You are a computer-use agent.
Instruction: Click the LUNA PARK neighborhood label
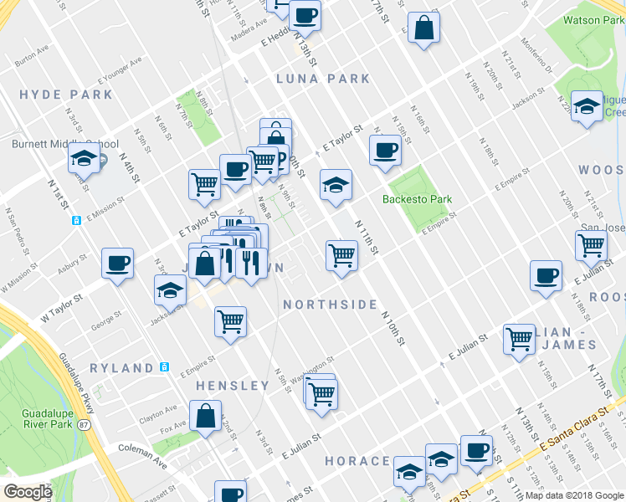(x=324, y=79)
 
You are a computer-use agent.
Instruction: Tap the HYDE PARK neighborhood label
(x=66, y=95)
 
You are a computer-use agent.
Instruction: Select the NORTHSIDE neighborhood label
(x=330, y=305)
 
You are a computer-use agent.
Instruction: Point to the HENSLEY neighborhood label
(x=232, y=386)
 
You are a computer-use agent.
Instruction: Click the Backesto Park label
(x=417, y=199)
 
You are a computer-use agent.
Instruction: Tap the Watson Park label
(x=593, y=20)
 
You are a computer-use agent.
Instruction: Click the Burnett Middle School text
(x=64, y=143)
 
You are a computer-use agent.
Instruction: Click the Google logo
(x=28, y=492)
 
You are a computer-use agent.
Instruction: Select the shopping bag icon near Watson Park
(x=424, y=28)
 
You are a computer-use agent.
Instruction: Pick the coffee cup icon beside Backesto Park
(x=385, y=150)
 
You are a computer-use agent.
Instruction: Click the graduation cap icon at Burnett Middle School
(x=84, y=158)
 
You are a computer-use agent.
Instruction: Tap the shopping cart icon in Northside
(x=341, y=254)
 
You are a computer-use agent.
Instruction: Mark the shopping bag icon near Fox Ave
(x=205, y=415)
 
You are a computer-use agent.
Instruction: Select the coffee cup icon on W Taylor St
(x=117, y=264)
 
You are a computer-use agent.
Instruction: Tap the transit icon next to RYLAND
(x=165, y=367)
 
